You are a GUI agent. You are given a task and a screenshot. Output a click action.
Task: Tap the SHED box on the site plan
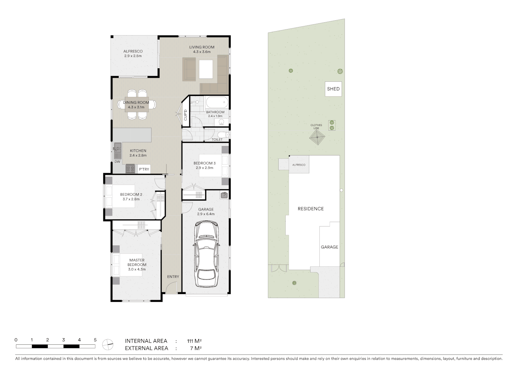coord(333,89)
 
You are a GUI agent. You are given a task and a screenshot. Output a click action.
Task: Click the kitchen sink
coord(117,151)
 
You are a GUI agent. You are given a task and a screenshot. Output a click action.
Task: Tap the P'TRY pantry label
coord(144,169)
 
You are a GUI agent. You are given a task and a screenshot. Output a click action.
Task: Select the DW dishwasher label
coord(117,162)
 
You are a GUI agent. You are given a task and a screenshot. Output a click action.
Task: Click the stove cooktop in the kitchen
coord(130,169)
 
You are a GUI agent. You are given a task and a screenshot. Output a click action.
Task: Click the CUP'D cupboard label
coord(185,115)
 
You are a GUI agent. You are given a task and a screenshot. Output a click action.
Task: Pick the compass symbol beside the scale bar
coord(108,344)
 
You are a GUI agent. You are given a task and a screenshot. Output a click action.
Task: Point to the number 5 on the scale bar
coord(95,340)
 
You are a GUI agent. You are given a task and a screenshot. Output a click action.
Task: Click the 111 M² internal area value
coord(194,341)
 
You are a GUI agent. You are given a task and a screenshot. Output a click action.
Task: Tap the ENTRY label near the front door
coord(173,277)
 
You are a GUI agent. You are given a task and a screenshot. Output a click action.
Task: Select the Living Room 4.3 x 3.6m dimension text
coord(202,52)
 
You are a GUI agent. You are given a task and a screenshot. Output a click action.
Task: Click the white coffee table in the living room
coord(206,69)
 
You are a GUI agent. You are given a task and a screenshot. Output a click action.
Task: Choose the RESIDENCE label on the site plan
coord(310,209)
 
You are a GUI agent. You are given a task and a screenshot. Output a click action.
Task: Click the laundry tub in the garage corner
coord(224,195)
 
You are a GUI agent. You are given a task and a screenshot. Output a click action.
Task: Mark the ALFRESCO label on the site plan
coord(299,165)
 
